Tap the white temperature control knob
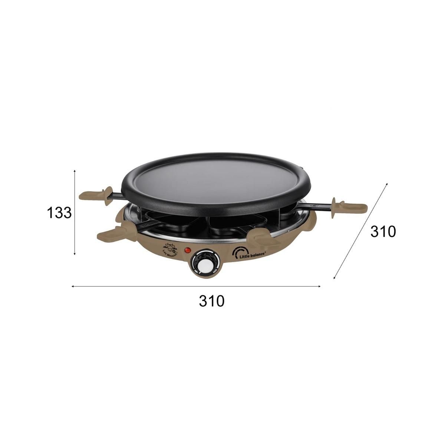click(x=205, y=264)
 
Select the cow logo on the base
click(x=170, y=247)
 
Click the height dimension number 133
click(x=59, y=213)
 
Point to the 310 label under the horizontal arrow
click(x=212, y=301)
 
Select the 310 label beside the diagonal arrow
click(x=383, y=232)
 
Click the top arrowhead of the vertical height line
click(x=75, y=171)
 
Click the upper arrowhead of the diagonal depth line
click(x=386, y=184)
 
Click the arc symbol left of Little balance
click(x=238, y=253)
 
